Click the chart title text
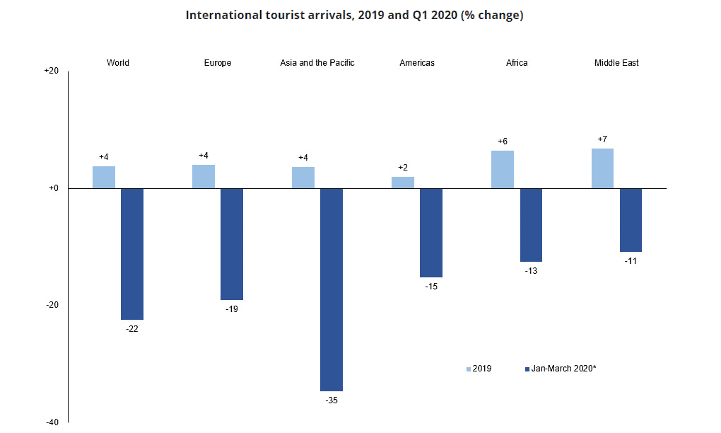355,15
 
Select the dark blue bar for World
132,254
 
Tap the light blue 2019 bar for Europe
204,177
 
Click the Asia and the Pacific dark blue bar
332,290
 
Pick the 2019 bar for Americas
403,183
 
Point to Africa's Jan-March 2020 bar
531,225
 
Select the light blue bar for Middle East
602,168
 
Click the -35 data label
332,400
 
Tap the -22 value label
132,329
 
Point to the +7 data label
602,139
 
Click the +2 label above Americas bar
403,168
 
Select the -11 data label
631,261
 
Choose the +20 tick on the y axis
52,71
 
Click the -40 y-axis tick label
52,422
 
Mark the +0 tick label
54,188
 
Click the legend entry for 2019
479,369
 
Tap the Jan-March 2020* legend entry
561,369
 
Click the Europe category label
218,63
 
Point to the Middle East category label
616,63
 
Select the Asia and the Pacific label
317,63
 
